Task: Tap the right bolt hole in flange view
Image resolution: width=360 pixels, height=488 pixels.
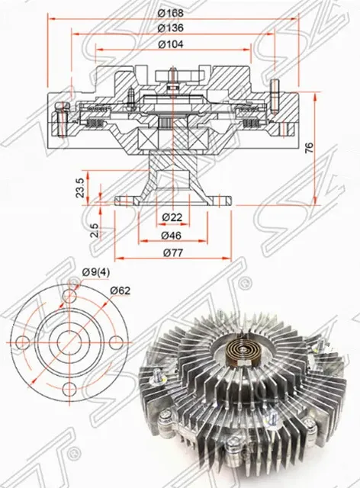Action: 117,342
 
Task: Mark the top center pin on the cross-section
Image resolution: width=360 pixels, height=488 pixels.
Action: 174,76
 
